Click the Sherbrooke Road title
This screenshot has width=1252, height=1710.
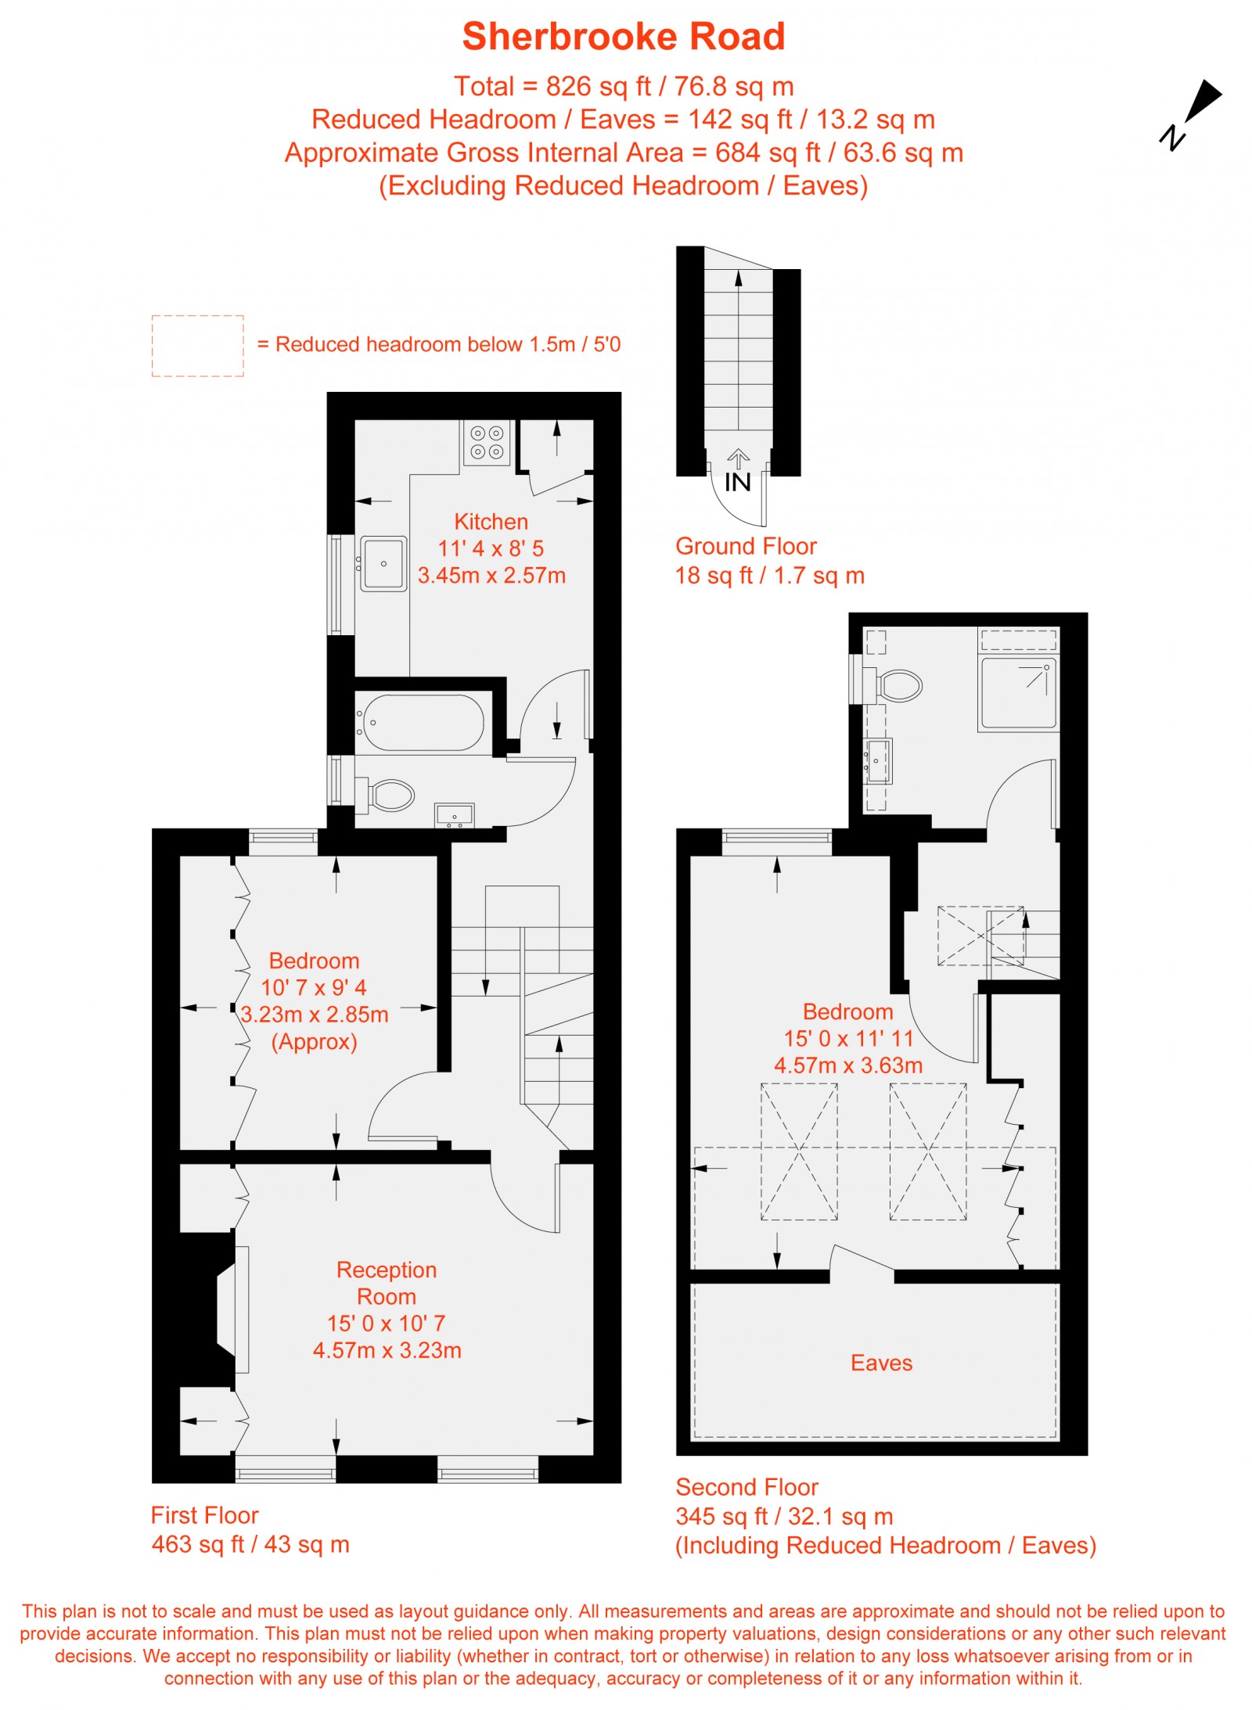(x=623, y=37)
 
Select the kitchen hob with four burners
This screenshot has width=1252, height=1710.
(x=486, y=442)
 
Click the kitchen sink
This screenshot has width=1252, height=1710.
(x=383, y=562)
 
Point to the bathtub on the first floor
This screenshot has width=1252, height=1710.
(x=423, y=722)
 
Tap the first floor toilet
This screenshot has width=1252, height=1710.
(x=388, y=795)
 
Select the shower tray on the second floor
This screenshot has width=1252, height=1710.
(x=1018, y=693)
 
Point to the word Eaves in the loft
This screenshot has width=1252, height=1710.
(x=881, y=1362)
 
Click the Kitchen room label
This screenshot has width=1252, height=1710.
(x=491, y=522)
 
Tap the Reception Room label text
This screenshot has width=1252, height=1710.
(x=387, y=1282)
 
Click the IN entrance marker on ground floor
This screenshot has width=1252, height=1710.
(x=737, y=482)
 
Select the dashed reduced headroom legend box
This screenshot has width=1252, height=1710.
(x=197, y=346)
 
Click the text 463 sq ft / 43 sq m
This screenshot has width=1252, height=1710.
(x=250, y=1543)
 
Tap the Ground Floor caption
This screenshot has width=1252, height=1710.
(x=745, y=546)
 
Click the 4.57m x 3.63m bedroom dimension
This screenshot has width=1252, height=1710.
(x=848, y=1065)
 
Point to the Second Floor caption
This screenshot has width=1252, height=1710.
(x=747, y=1486)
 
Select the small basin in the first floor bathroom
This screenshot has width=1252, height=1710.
(x=454, y=815)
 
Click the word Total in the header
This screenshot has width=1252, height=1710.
(x=484, y=86)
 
